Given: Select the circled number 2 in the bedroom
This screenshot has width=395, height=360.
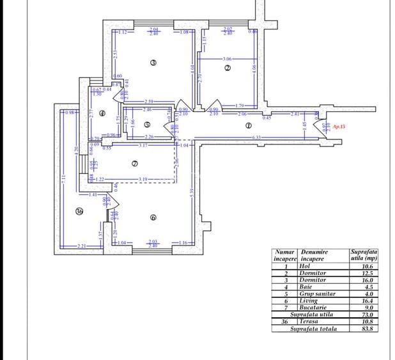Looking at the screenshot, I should click(227, 68).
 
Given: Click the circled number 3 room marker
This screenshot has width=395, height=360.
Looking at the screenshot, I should click(153, 62).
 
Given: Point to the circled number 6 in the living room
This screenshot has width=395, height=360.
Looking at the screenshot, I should click(153, 217).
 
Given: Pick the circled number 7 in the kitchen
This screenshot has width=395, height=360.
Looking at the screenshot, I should click(134, 163).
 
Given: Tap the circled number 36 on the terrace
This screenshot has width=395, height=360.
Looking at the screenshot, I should click(79, 212).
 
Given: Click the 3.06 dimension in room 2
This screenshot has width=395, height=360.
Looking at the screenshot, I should click(228, 59).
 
